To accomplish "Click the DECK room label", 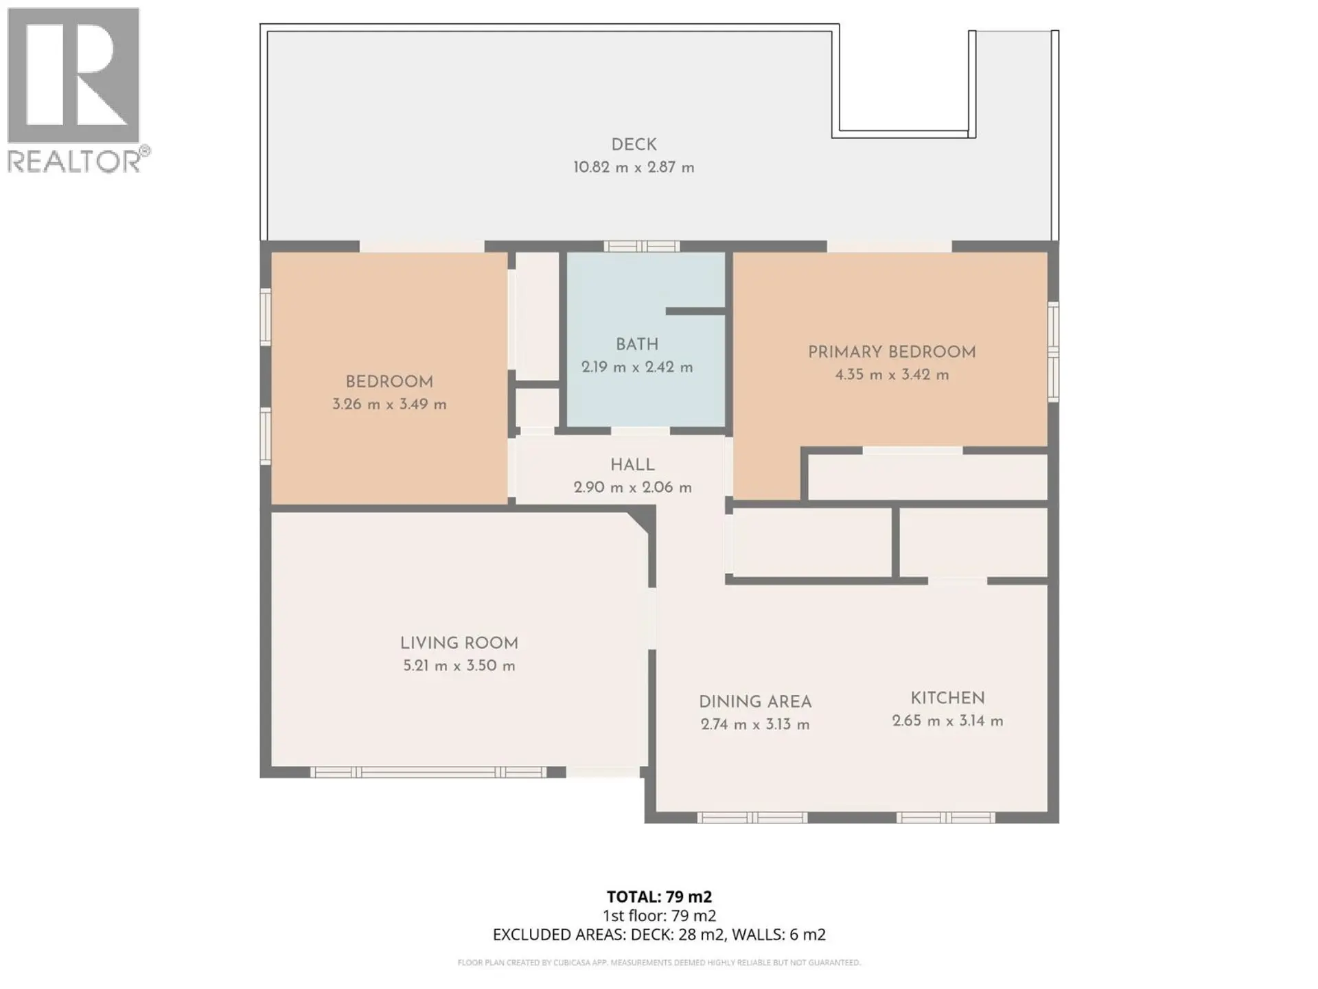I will coord(634,145).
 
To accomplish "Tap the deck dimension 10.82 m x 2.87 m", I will coord(634,168).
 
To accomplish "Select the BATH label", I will coord(636,345).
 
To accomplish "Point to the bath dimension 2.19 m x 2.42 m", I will coord(636,367).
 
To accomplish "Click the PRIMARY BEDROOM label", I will coord(891,352).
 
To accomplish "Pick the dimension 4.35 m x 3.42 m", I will coord(891,375).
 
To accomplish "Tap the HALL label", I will coord(632,465).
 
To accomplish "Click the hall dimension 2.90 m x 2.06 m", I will coord(632,488).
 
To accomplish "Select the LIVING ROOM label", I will coord(459,644).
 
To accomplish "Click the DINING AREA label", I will coord(754,702).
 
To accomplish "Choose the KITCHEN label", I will coord(947,698).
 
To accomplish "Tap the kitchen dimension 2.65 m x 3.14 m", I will coord(947,721).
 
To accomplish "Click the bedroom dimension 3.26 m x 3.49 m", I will coord(389,405).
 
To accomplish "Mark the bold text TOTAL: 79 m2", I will coord(659,897).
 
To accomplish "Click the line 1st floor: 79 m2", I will coord(659,916).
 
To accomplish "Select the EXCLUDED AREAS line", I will coord(659,935).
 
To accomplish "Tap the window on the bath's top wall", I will coord(641,247).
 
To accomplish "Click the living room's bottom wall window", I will coord(428,773).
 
